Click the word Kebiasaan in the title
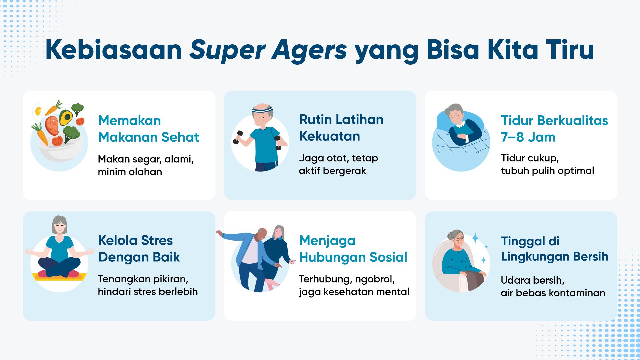pyautogui.click(x=114, y=50)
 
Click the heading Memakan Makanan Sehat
pyautogui.click(x=149, y=129)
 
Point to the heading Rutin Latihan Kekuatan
pyautogui.click(x=341, y=128)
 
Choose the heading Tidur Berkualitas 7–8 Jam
pyautogui.click(x=555, y=129)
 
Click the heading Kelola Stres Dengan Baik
pyautogui.click(x=139, y=249)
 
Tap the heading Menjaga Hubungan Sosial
pyautogui.click(x=353, y=249)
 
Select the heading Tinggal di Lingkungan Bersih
pyautogui.click(x=555, y=249)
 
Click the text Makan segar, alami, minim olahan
pyautogui.click(x=146, y=165)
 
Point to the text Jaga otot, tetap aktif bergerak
pyautogui.click(x=338, y=164)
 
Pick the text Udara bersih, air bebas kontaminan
pyautogui.click(x=553, y=286)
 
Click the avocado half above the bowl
pyautogui.click(x=66, y=117)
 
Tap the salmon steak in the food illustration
pyautogui.click(x=52, y=125)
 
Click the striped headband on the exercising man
pyautogui.click(x=262, y=109)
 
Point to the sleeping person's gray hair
pyautogui.click(x=454, y=109)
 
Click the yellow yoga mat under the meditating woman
pyautogui.click(x=59, y=277)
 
